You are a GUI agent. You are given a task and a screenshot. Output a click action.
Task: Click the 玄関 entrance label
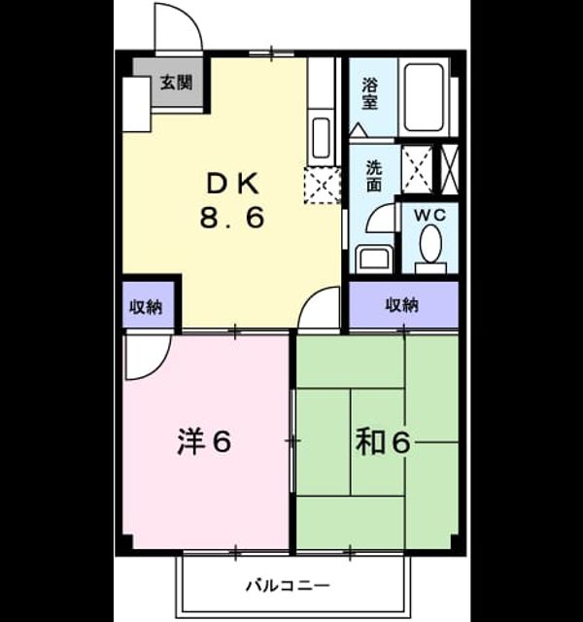tap(177, 83)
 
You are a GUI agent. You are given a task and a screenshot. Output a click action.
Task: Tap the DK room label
tap(233, 184)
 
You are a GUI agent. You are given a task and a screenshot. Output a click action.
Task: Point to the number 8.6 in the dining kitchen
tap(232, 218)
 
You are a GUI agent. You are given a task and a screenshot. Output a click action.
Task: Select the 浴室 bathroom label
tap(369, 94)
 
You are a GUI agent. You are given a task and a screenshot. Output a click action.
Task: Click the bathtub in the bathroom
tap(424, 97)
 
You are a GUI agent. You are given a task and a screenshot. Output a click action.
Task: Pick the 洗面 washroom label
tap(374, 176)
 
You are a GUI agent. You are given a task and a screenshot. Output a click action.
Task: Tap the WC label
tap(429, 216)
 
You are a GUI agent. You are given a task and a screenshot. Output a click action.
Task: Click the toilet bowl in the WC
tap(430, 244)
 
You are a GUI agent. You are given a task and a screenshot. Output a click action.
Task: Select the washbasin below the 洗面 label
tap(374, 259)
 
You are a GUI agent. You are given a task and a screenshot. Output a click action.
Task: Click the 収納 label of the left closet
tap(147, 307)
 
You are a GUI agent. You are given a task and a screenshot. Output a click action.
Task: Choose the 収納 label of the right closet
tap(402, 305)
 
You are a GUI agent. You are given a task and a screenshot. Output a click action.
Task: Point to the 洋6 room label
tap(204, 442)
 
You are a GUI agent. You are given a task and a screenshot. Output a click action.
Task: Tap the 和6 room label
tap(383, 442)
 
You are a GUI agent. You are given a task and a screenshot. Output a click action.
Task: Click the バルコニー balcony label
tap(288, 585)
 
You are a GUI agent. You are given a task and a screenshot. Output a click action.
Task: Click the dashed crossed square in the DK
tap(322, 186)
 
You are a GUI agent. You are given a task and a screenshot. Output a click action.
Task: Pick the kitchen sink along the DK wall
tap(322, 138)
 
